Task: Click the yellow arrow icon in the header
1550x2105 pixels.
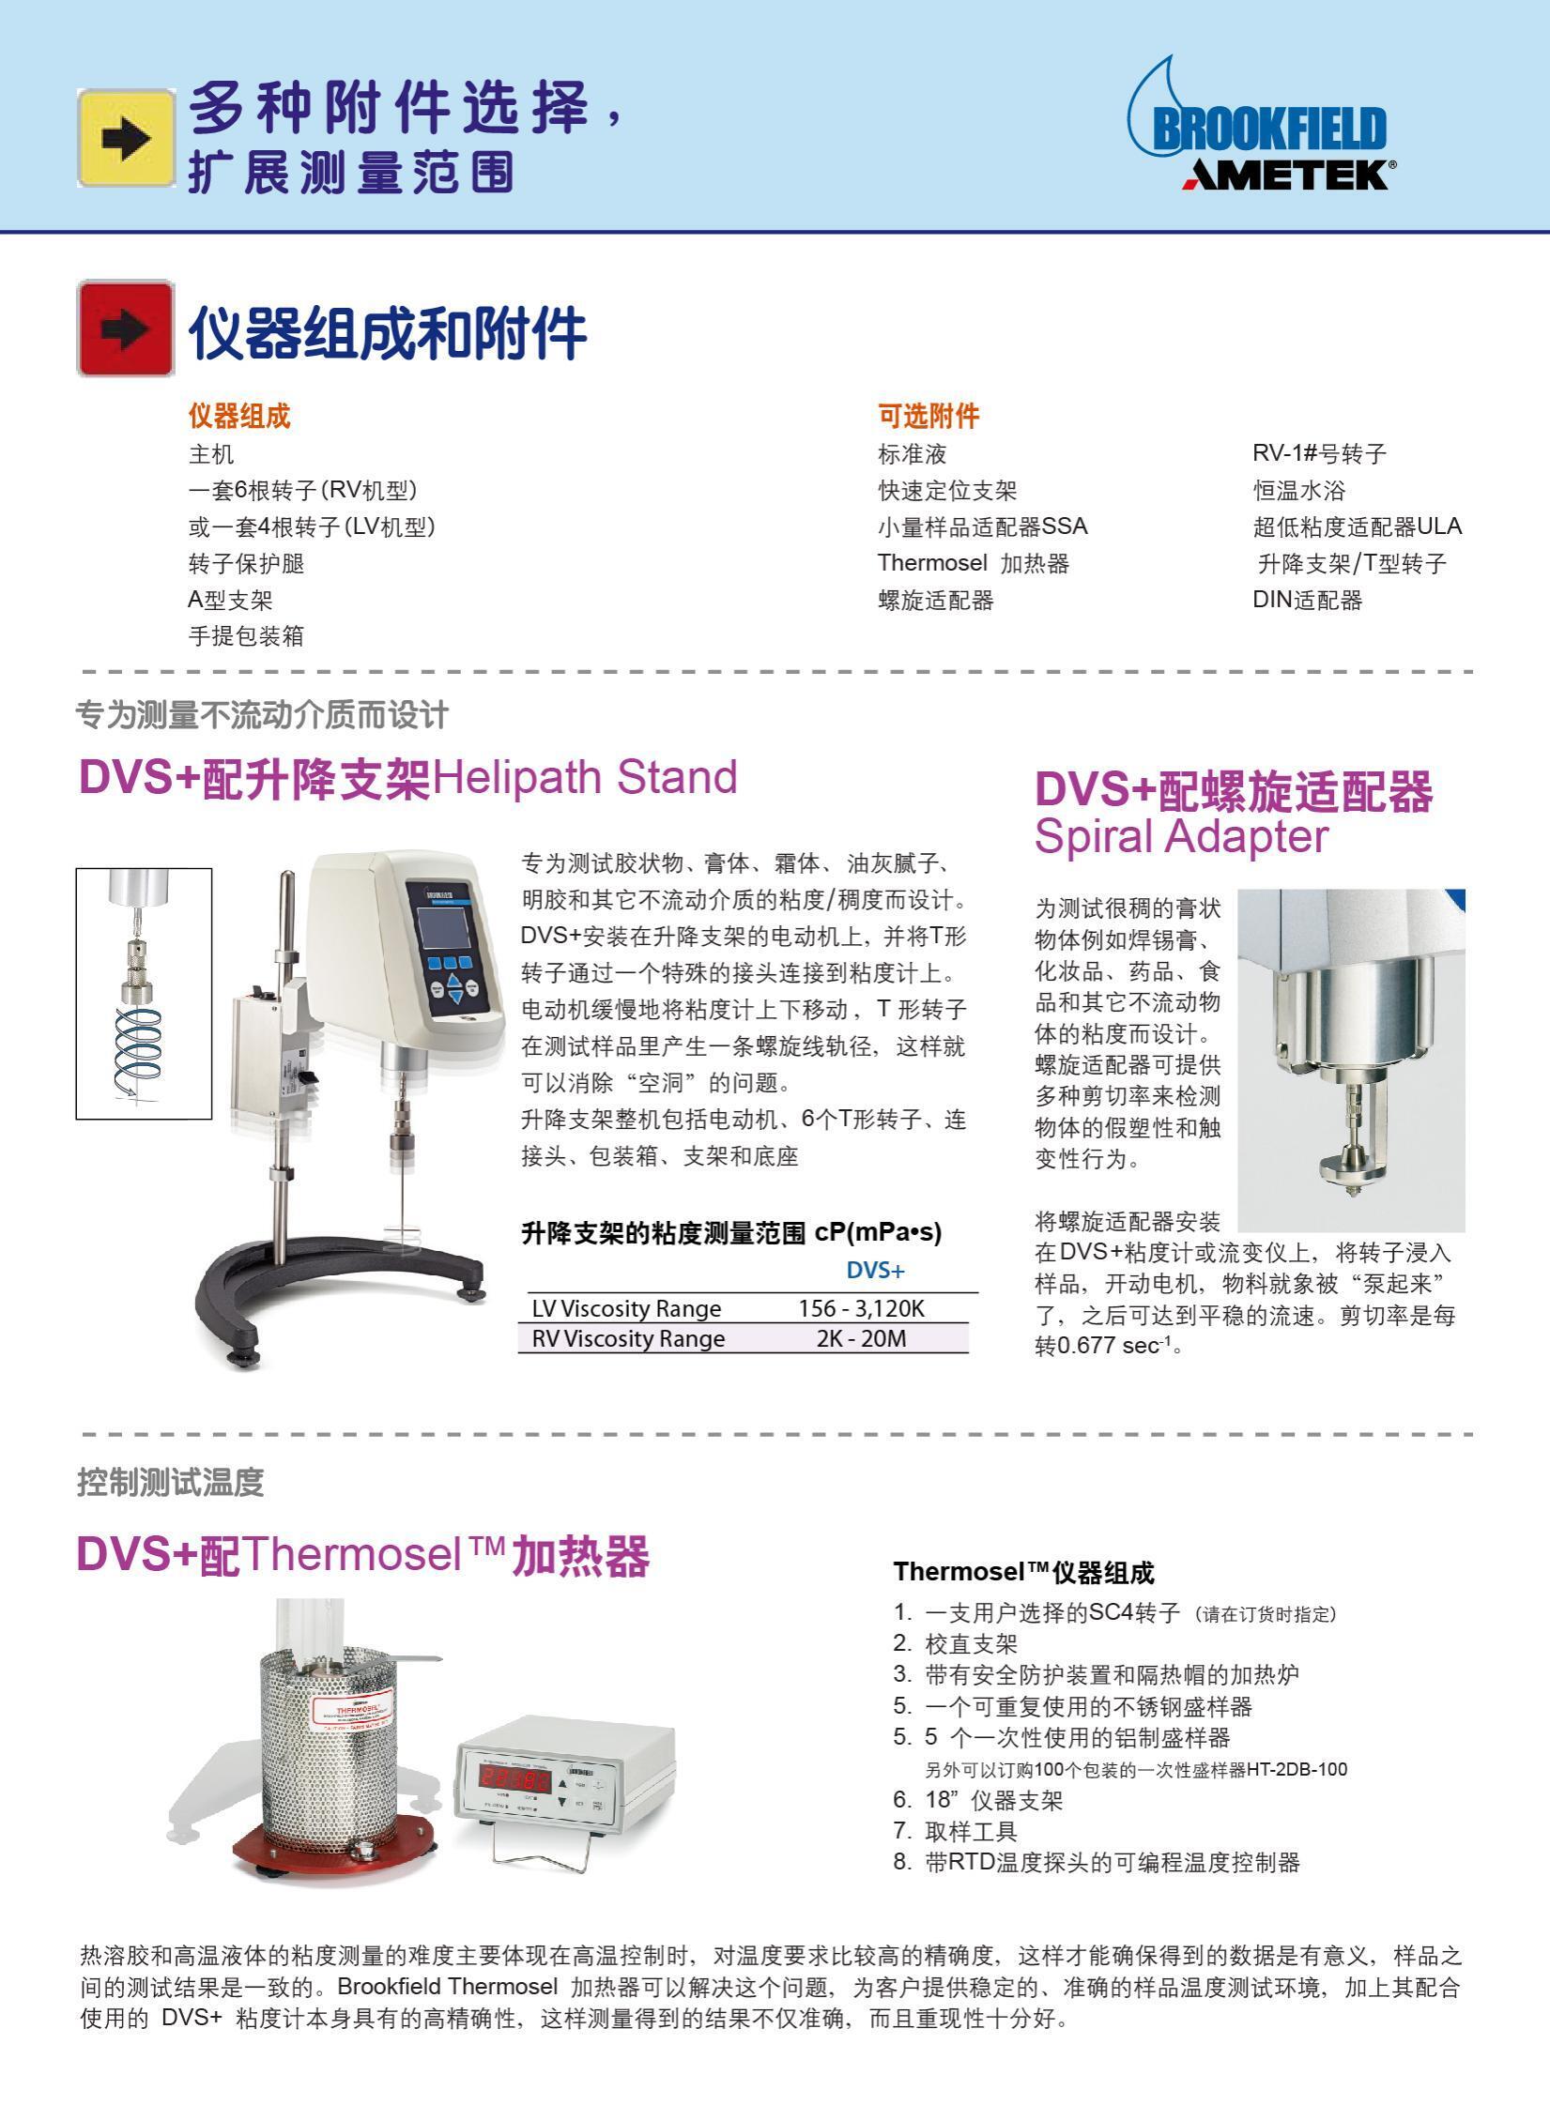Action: [x=126, y=138]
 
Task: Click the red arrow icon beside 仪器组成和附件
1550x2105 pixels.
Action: [x=126, y=328]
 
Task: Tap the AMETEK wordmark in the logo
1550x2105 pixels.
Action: [x=1285, y=175]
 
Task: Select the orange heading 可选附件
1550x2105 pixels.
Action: [x=928, y=416]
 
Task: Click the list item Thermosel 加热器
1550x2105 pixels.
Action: [x=974, y=563]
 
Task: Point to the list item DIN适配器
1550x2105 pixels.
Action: [x=1307, y=600]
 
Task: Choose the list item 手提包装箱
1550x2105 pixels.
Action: [x=246, y=635]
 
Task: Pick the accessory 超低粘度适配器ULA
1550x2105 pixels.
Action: [x=1357, y=526]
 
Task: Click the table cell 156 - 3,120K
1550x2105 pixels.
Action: [x=862, y=1308]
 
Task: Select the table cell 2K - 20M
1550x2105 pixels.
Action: [x=862, y=1338]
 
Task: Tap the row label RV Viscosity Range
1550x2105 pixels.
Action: [x=628, y=1338]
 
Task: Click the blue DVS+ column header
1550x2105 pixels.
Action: [x=875, y=1271]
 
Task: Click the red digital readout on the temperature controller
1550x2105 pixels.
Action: [x=514, y=1775]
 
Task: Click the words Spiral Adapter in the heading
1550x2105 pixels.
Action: [x=1181, y=835]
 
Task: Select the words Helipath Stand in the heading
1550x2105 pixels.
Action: [x=584, y=777]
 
